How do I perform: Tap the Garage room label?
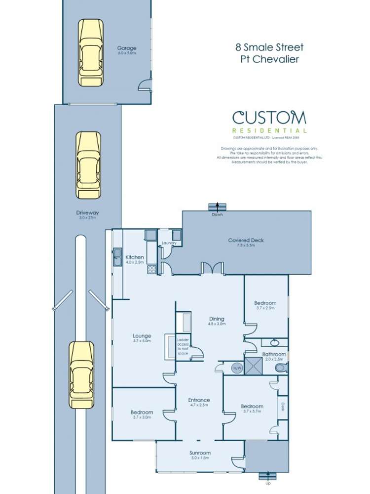[x=126, y=48]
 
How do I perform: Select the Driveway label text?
[x=88, y=213]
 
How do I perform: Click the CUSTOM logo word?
[x=269, y=118]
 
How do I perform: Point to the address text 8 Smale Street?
[x=269, y=48]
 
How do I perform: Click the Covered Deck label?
[x=246, y=241]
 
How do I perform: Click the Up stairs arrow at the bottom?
[x=267, y=476]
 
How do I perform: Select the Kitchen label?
[x=135, y=257]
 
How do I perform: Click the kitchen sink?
[x=117, y=257]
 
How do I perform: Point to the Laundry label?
[x=169, y=243]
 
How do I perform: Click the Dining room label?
[x=216, y=319]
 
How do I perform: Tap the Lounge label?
[x=142, y=336]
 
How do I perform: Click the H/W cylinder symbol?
[x=237, y=369]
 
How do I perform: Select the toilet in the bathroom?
[x=280, y=369]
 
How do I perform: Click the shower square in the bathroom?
[x=256, y=366]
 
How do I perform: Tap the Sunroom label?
[x=200, y=453]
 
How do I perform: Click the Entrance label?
[x=199, y=400]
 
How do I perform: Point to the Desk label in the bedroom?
[x=283, y=407]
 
